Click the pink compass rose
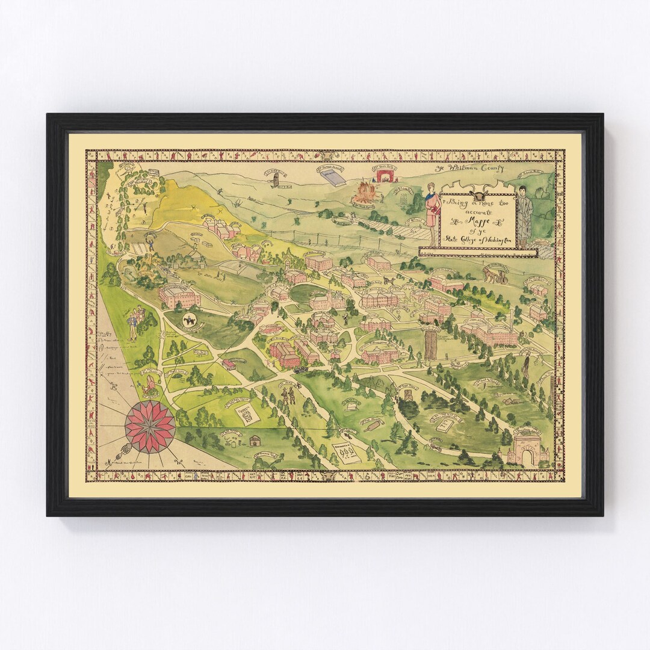pos(150,427)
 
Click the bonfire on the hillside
pos(363,193)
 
